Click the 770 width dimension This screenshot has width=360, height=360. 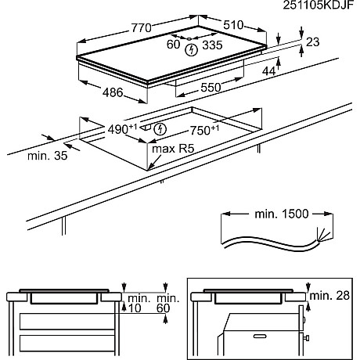[x=141, y=27]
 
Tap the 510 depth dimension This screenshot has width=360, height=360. [x=233, y=25]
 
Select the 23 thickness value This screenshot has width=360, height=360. [x=312, y=42]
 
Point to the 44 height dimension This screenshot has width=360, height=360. [x=268, y=71]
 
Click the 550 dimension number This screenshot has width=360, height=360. [x=211, y=88]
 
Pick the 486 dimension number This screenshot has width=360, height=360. [x=113, y=92]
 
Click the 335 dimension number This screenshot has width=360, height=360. [x=212, y=45]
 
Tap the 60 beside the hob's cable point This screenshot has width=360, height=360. [x=173, y=45]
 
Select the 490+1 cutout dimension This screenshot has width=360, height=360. [x=122, y=129]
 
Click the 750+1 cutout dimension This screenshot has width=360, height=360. [x=204, y=130]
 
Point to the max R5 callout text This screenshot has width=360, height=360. [x=173, y=149]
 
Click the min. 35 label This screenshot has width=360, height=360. [x=48, y=156]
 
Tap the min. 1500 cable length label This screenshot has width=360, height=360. [x=282, y=214]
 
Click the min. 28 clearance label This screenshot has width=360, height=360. [x=329, y=296]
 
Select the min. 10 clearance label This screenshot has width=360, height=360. [x=139, y=303]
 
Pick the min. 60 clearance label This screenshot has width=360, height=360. [x=168, y=303]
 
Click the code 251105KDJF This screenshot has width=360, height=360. [x=319, y=5]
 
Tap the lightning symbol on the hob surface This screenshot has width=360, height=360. [x=191, y=50]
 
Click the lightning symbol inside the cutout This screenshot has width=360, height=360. [x=160, y=129]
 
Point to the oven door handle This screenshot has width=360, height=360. [x=261, y=336]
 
